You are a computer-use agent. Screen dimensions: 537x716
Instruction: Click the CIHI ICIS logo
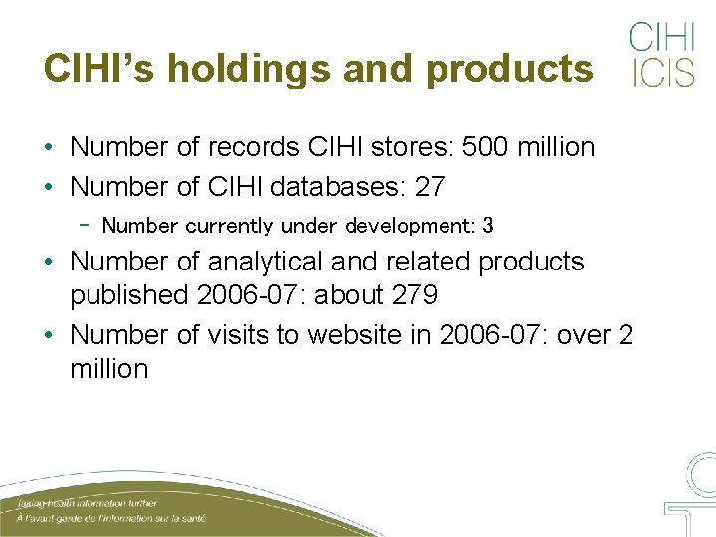(x=662, y=54)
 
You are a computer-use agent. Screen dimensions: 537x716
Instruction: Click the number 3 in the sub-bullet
(x=487, y=226)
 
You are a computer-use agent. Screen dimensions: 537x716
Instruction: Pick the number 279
(x=415, y=296)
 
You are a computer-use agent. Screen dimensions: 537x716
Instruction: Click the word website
(x=355, y=334)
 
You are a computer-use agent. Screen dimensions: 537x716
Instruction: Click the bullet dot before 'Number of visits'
(x=49, y=335)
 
